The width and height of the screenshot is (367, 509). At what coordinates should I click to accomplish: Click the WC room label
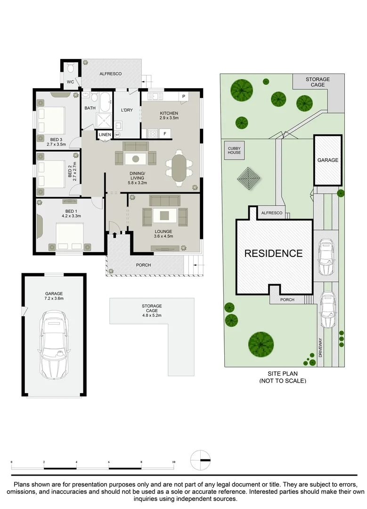click(70, 82)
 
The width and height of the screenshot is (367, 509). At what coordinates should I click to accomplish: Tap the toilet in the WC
click(71, 68)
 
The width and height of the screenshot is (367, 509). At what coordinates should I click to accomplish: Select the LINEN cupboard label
click(105, 134)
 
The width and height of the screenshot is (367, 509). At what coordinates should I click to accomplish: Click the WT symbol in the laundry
click(117, 134)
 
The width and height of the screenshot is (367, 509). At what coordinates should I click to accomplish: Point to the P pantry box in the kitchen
click(184, 97)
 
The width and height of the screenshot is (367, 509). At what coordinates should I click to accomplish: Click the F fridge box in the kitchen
click(165, 133)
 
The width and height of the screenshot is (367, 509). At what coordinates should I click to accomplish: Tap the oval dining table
click(179, 168)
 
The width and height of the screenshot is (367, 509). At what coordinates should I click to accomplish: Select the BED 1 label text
click(72, 211)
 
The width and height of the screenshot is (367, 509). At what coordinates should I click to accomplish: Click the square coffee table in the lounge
click(165, 215)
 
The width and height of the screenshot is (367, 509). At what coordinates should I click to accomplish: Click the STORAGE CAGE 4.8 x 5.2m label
click(152, 310)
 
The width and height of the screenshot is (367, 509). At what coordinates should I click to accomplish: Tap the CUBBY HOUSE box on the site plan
click(234, 150)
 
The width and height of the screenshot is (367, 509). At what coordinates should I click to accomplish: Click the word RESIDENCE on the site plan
click(274, 253)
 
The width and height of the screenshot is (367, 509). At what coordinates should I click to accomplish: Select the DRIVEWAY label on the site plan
click(320, 348)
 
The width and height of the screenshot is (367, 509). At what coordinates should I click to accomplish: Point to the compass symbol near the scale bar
click(201, 460)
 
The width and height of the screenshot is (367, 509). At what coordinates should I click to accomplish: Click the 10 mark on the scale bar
click(173, 462)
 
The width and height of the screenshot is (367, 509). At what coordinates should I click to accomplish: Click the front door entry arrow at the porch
click(114, 234)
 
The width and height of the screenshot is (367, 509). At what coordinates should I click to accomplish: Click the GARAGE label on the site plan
click(328, 160)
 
